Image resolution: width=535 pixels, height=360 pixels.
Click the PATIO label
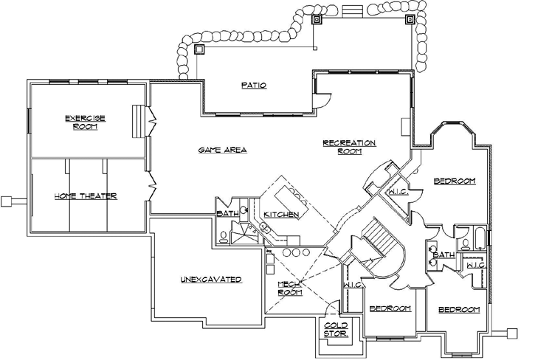pyautogui.click(x=253, y=85)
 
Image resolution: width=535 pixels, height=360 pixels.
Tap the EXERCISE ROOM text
pyautogui.click(x=85, y=122)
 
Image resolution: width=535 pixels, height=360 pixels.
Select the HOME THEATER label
pyautogui.click(x=86, y=195)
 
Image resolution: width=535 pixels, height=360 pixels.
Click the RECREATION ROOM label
pyautogui.click(x=349, y=146)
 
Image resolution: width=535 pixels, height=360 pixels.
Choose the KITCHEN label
pyautogui.click(x=280, y=214)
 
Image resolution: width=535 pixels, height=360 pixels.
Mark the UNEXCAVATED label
pyautogui.click(x=211, y=280)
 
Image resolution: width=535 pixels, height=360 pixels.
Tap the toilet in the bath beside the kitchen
pyautogui.click(x=224, y=237)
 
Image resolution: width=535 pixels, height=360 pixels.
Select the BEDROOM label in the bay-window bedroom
pyautogui.click(x=454, y=181)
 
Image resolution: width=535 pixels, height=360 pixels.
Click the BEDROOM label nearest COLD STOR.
pyautogui.click(x=390, y=308)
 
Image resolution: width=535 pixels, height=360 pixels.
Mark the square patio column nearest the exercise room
pyautogui.click(x=199, y=50)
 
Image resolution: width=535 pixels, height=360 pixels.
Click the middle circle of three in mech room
pyautogui.click(x=295, y=252)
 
